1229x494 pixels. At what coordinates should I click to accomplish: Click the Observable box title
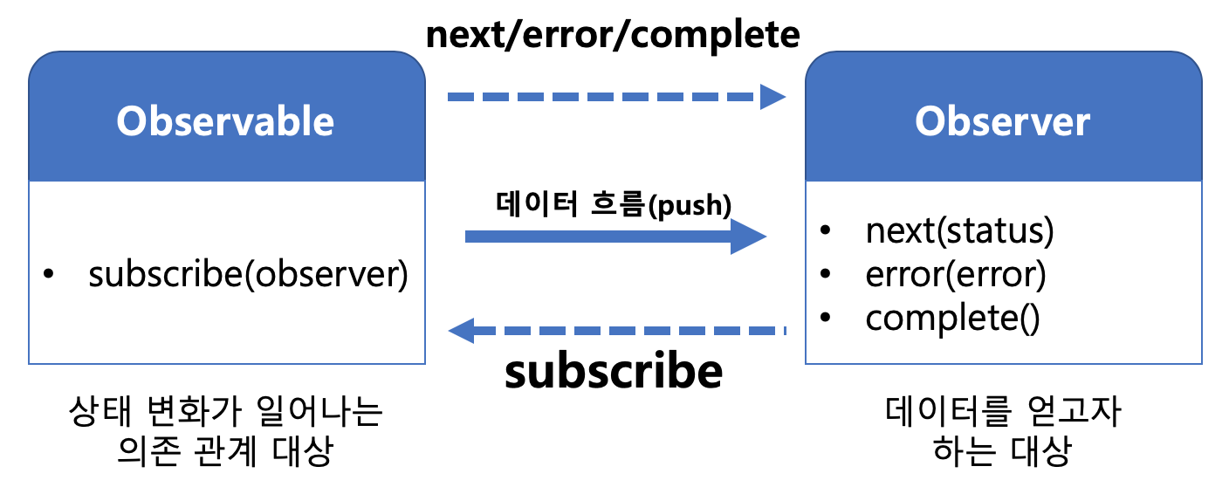(x=225, y=121)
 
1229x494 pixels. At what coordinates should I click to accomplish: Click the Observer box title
(x=1002, y=121)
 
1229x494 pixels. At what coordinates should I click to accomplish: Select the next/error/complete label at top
(x=613, y=35)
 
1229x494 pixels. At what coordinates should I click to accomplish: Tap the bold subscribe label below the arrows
(x=614, y=372)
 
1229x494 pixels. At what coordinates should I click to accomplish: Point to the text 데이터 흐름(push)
(x=614, y=205)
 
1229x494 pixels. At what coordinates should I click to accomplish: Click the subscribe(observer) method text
(x=248, y=274)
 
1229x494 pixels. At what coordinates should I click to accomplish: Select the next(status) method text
(x=959, y=230)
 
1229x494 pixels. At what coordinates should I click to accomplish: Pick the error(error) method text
(x=955, y=274)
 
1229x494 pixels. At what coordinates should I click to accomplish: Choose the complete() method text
(x=952, y=318)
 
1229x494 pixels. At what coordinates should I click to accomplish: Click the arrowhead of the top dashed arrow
(x=772, y=97)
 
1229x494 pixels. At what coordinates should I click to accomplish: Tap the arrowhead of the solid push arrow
(x=748, y=237)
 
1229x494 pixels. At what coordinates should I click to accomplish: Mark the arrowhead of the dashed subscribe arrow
(x=461, y=331)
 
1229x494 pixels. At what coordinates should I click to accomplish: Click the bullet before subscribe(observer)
(x=48, y=273)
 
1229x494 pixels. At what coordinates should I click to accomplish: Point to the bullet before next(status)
(x=825, y=230)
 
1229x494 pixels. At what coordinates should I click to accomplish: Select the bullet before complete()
(x=825, y=317)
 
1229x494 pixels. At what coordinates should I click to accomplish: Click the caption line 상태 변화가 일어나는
(x=225, y=411)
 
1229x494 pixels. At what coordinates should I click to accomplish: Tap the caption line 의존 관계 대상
(x=225, y=451)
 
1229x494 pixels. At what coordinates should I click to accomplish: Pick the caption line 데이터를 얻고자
(x=1003, y=411)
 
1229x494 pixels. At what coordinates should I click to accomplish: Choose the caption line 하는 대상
(x=1002, y=451)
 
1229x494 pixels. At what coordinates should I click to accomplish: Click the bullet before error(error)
(x=825, y=273)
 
